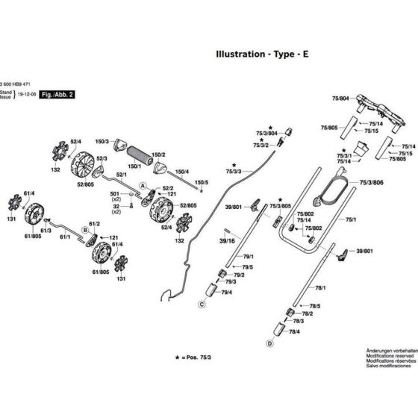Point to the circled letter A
point(143,185)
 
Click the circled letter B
point(86,231)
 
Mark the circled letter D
point(268,343)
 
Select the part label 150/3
point(102,141)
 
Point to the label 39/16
point(226,241)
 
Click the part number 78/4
point(293,331)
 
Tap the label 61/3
point(46,231)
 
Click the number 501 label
point(116,193)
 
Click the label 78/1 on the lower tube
point(320,287)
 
